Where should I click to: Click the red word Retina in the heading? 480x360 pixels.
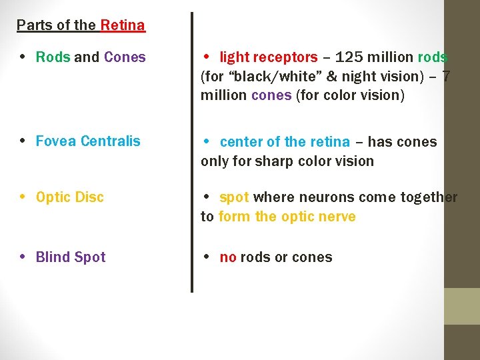(123, 26)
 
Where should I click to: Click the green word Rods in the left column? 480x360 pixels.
(53, 57)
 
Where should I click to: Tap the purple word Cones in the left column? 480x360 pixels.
(125, 57)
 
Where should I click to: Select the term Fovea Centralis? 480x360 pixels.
(88, 141)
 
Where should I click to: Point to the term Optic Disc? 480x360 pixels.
(70, 198)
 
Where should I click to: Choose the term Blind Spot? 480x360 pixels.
(71, 257)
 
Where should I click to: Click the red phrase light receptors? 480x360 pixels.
(269, 58)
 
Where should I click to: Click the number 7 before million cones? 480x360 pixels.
(445, 77)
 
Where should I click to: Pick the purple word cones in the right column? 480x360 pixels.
(271, 95)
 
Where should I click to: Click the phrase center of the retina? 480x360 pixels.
(285, 142)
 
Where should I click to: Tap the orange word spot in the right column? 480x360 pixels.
(234, 198)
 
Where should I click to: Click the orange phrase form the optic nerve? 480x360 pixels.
(287, 217)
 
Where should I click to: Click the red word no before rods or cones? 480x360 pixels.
(228, 258)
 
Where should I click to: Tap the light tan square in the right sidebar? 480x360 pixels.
(462, 306)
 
